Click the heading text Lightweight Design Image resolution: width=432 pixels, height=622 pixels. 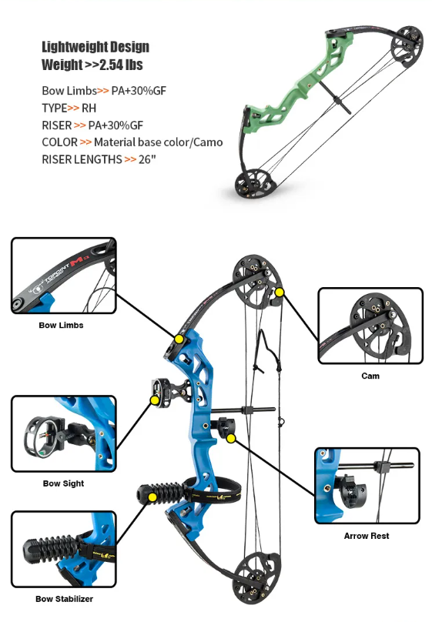click(95, 48)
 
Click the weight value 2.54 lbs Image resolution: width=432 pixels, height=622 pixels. click(121, 65)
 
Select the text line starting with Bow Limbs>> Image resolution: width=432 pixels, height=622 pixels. click(104, 91)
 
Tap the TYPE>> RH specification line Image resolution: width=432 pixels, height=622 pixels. click(69, 108)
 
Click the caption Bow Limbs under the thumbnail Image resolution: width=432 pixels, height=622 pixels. click(61, 326)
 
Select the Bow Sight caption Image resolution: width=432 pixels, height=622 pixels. click(63, 483)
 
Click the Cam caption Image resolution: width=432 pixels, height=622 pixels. click(370, 376)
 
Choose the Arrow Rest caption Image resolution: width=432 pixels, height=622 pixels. click(367, 536)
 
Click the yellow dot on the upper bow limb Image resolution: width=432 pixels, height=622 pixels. click(179, 339)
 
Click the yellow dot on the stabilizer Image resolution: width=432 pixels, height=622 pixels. click(152, 498)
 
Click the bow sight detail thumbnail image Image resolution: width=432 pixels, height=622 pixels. click(63, 434)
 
